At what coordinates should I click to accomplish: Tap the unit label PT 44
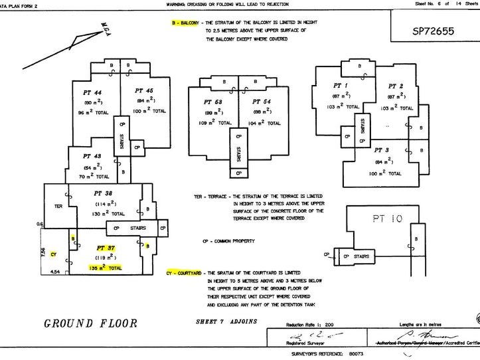pos(92,91)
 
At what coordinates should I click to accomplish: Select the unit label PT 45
pos(143,91)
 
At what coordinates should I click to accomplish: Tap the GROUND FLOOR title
pos(90,324)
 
